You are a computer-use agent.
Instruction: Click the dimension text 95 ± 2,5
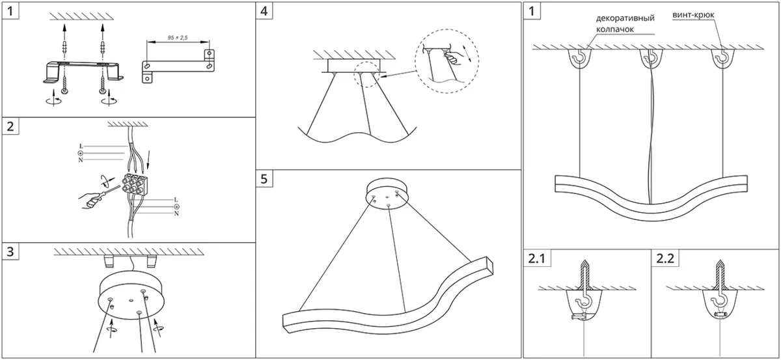[x=178, y=37]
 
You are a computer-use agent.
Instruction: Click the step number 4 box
[x=264, y=11]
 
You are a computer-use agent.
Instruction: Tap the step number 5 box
[x=264, y=178]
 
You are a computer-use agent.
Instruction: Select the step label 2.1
[x=536, y=258]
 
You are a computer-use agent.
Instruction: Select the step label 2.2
[x=665, y=258]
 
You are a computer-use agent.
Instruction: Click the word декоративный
[x=625, y=18]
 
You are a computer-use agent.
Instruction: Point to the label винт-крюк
[x=694, y=15]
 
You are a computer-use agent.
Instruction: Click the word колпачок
[x=614, y=29]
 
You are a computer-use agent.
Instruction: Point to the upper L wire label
[x=81, y=146]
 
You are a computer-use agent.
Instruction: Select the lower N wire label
[x=176, y=213]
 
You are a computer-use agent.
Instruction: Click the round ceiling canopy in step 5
[x=388, y=194]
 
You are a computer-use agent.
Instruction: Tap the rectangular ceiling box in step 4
[x=353, y=66]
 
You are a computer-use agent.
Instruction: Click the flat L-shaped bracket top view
[x=178, y=66]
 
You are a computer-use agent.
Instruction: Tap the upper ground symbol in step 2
[x=81, y=154]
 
